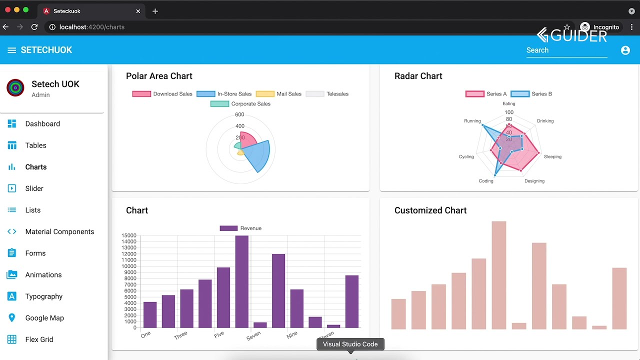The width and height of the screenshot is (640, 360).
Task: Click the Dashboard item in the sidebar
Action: pyautogui.click(x=42, y=124)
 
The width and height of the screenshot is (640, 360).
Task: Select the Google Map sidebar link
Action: pyautogui.click(x=44, y=318)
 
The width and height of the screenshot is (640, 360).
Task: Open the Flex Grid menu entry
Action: pyautogui.click(x=39, y=339)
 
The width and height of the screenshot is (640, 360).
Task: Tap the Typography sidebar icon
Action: pyautogui.click(x=12, y=296)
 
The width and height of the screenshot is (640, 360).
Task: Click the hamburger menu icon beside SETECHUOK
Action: pyautogui.click(x=11, y=50)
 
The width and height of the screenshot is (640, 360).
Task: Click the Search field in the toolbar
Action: pyautogui.click(x=566, y=50)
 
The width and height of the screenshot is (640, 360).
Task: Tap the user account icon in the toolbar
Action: pyautogui.click(x=625, y=50)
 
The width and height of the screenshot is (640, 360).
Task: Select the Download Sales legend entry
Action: pyautogui.click(x=162, y=94)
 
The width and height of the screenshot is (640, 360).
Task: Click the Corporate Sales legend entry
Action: pyautogui.click(x=240, y=104)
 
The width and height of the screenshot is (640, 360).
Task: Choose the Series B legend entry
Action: pyautogui.click(x=531, y=94)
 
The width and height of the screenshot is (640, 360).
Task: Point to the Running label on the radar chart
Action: pyautogui.click(x=472, y=121)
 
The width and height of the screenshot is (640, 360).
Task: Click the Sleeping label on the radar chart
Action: pyautogui.click(x=552, y=156)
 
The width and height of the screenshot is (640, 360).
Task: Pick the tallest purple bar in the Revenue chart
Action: pyautogui.click(x=241, y=281)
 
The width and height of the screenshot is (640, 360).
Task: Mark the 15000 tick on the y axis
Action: pyautogui.click(x=129, y=235)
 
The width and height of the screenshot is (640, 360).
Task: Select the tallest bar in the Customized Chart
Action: pyautogui.click(x=498, y=275)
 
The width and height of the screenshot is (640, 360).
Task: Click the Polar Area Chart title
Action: pyautogui.click(x=159, y=76)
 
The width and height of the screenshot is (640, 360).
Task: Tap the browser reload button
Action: pyautogui.click(x=34, y=27)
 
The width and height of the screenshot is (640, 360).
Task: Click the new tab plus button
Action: pyautogui.click(x=155, y=11)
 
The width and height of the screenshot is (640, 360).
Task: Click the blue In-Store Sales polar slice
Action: pyautogui.click(x=257, y=155)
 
